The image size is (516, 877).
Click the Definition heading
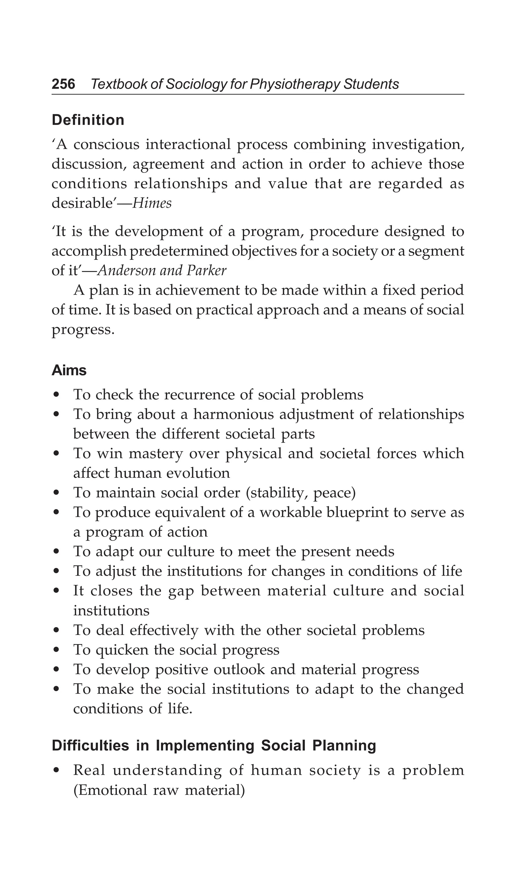click(88, 120)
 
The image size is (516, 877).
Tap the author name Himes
click(152, 204)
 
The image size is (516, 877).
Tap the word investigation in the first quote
click(418, 144)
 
